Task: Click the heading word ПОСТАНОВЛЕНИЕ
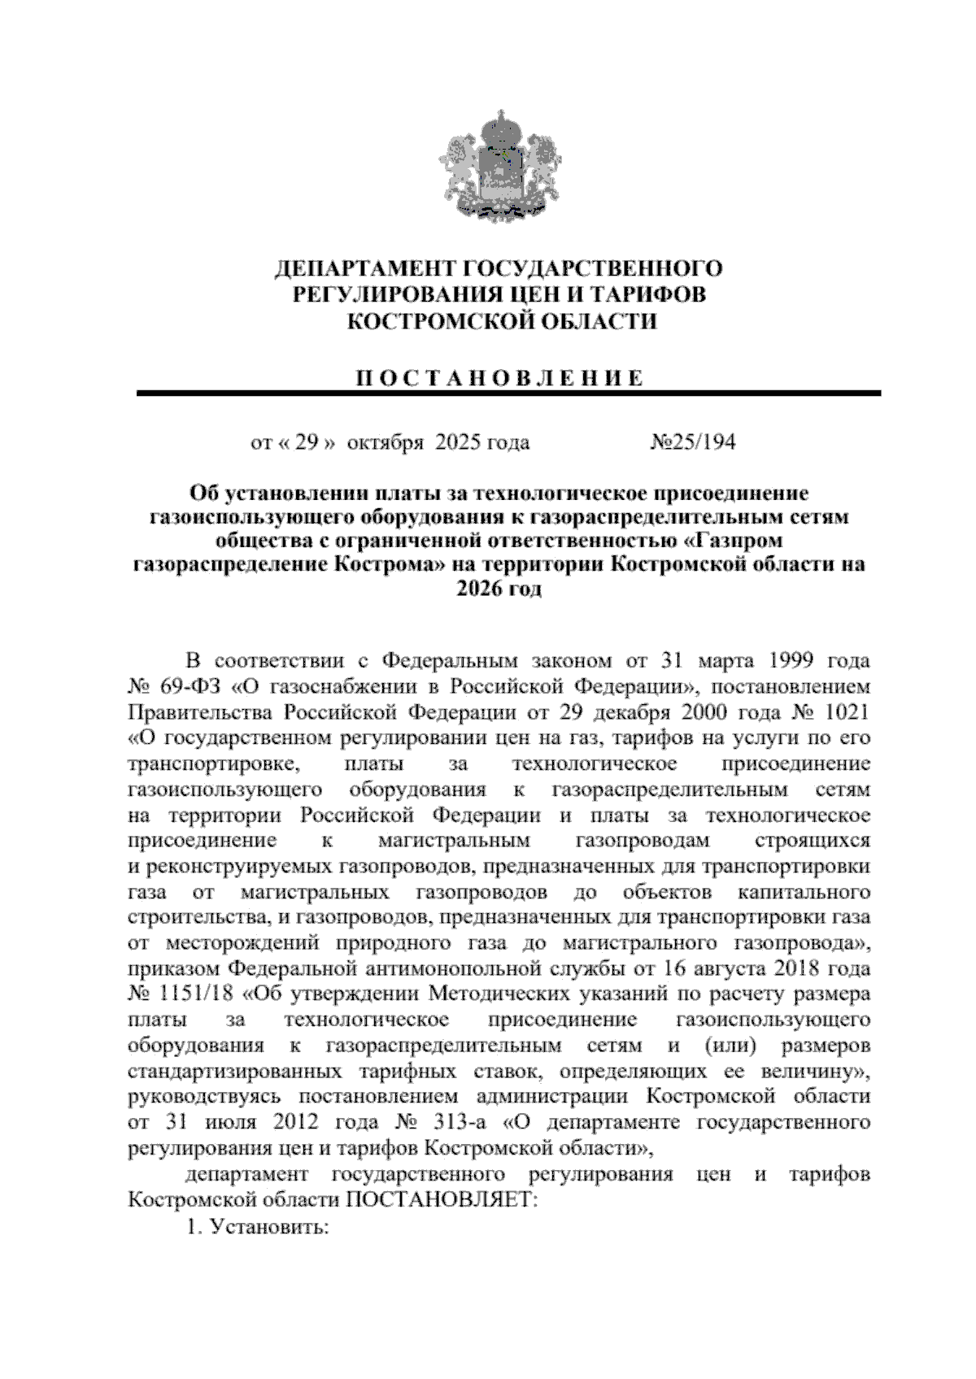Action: click(498, 378)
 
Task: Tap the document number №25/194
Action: click(693, 442)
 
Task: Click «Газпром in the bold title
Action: click(738, 541)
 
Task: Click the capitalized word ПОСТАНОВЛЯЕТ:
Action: click(442, 1200)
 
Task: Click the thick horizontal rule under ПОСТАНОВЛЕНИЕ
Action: click(508, 394)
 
